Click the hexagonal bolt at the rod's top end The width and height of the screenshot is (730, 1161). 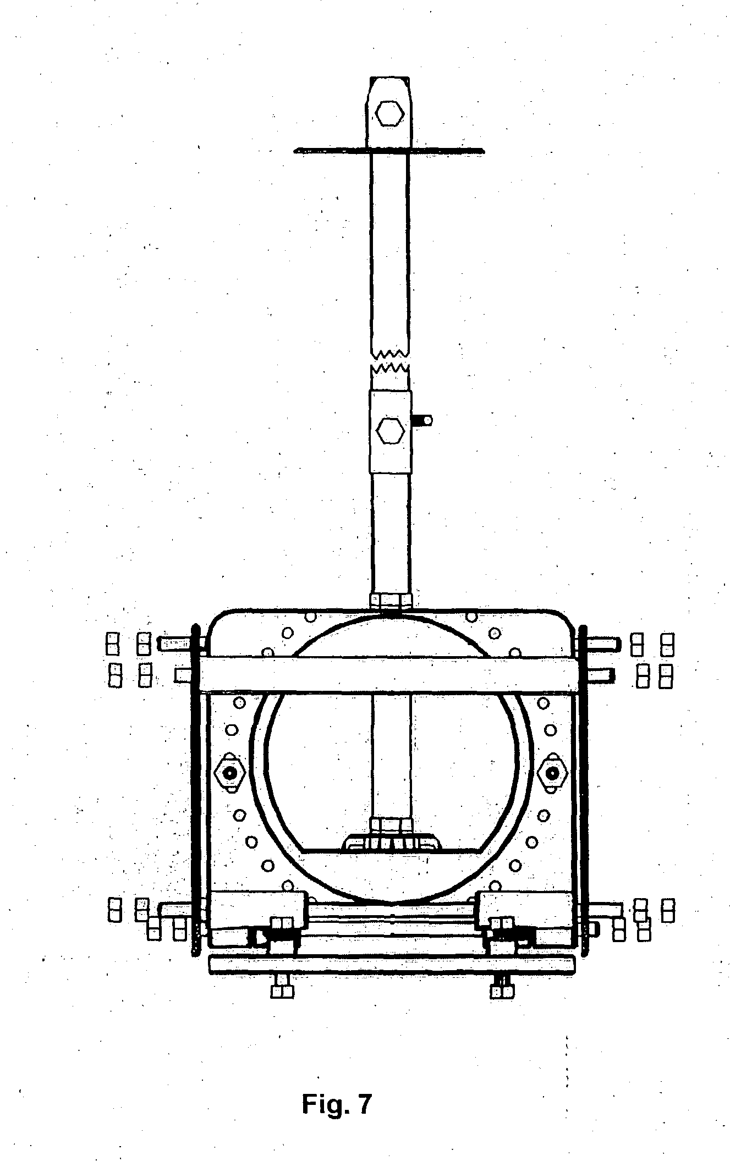[x=389, y=114]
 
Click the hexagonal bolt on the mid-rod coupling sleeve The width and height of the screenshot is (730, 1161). [x=389, y=431]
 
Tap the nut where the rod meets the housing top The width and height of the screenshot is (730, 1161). [x=389, y=600]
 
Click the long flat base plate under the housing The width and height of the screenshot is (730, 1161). [x=392, y=964]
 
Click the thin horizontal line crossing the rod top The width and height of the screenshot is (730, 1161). [x=330, y=149]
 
